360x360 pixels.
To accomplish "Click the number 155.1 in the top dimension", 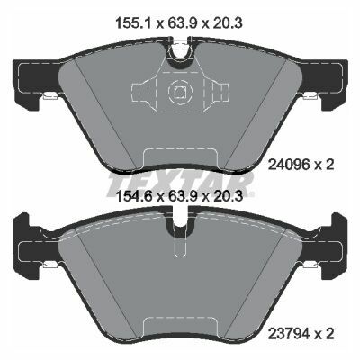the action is (x=135, y=23).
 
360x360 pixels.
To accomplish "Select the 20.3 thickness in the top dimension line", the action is (x=227, y=23).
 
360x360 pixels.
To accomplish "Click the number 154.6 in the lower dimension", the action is (x=135, y=197).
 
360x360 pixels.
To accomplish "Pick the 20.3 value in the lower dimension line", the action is (x=227, y=197).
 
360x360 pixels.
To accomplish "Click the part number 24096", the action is (x=289, y=165).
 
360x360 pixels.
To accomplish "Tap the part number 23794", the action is (x=289, y=334).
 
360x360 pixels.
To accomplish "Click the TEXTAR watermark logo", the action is (x=181, y=182).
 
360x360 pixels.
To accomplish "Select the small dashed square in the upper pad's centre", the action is (x=180, y=91).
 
